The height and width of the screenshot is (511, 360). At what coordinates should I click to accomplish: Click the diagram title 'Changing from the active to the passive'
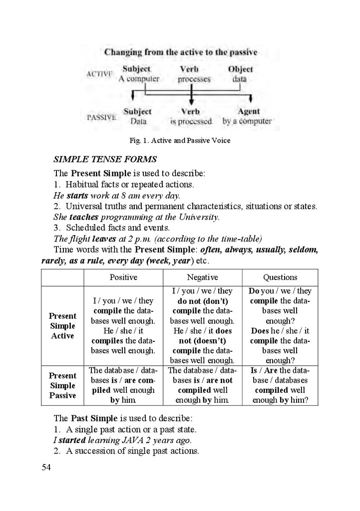pyautogui.click(x=180, y=52)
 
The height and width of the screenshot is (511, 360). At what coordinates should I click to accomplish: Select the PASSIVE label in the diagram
pyautogui.click(x=101, y=118)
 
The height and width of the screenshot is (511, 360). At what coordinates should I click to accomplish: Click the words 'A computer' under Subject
pyautogui.click(x=139, y=79)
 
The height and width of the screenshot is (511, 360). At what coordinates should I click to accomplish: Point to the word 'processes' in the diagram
pyautogui.click(x=194, y=79)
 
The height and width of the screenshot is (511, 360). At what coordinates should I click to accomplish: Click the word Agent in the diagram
pyautogui.click(x=249, y=112)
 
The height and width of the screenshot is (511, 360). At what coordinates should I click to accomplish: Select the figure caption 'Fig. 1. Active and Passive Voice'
pyautogui.click(x=180, y=141)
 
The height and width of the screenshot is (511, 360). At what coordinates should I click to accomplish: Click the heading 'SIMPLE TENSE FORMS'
pyautogui.click(x=105, y=160)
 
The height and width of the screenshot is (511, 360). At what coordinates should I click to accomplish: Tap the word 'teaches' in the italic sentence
pyautogui.click(x=84, y=217)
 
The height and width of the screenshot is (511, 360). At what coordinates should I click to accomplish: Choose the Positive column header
pyautogui.click(x=123, y=277)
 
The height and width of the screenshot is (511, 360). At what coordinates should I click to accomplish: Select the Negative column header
pyautogui.click(x=202, y=277)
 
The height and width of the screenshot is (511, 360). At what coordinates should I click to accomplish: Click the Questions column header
pyautogui.click(x=280, y=277)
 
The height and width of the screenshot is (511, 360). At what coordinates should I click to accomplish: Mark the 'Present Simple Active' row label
pyautogui.click(x=62, y=326)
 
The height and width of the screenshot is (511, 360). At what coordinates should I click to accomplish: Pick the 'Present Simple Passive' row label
pyautogui.click(x=62, y=385)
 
